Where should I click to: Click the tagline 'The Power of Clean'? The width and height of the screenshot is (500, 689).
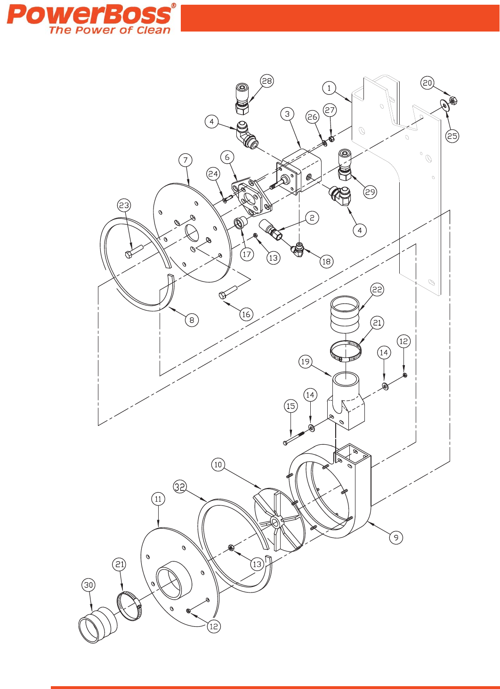pyautogui.click(x=109, y=31)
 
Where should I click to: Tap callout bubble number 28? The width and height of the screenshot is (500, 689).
pyautogui.click(x=267, y=81)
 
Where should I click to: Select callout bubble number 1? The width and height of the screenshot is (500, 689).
pyautogui.click(x=329, y=88)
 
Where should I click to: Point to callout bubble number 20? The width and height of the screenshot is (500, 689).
pyautogui.click(x=427, y=83)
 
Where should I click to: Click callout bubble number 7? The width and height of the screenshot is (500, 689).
pyautogui.click(x=185, y=160)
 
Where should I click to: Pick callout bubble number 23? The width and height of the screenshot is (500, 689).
pyautogui.click(x=124, y=205)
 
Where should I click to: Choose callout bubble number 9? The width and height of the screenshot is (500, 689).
pyautogui.click(x=396, y=537)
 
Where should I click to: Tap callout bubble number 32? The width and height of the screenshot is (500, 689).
pyautogui.click(x=180, y=487)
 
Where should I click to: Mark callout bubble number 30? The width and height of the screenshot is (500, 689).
pyautogui.click(x=89, y=585)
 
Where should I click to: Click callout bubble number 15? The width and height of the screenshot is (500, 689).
pyautogui.click(x=291, y=406)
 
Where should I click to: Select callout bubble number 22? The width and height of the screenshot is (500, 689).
pyautogui.click(x=377, y=289)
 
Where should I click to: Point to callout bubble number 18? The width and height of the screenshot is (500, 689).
pyautogui.click(x=326, y=262)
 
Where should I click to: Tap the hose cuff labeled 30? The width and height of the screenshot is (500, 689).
pyautogui.click(x=97, y=624)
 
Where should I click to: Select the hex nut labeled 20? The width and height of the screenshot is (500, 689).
pyautogui.click(x=453, y=101)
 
